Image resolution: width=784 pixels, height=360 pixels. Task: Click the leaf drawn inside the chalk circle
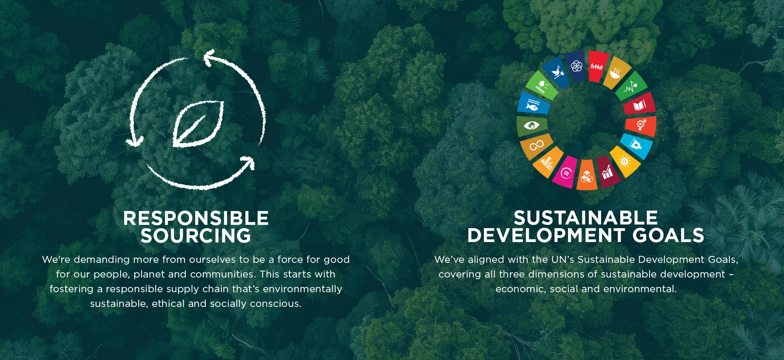[x=198, y=124]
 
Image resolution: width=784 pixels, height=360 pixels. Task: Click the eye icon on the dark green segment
[x=531, y=125]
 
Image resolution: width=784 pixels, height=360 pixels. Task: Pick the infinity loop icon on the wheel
[x=537, y=145]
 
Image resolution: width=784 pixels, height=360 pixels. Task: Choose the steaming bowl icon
[x=615, y=73]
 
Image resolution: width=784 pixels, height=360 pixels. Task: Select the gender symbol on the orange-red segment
[x=641, y=124]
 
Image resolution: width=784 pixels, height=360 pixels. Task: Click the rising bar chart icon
[x=607, y=172]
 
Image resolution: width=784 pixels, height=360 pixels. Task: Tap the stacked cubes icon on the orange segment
[x=587, y=177]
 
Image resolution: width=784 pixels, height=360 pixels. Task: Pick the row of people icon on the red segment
[x=597, y=67]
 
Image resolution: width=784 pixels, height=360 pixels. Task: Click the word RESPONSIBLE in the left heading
[x=196, y=218]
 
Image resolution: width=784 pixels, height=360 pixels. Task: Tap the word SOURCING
[x=196, y=236]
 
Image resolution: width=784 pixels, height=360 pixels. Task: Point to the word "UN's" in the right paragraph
[x=563, y=260]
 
